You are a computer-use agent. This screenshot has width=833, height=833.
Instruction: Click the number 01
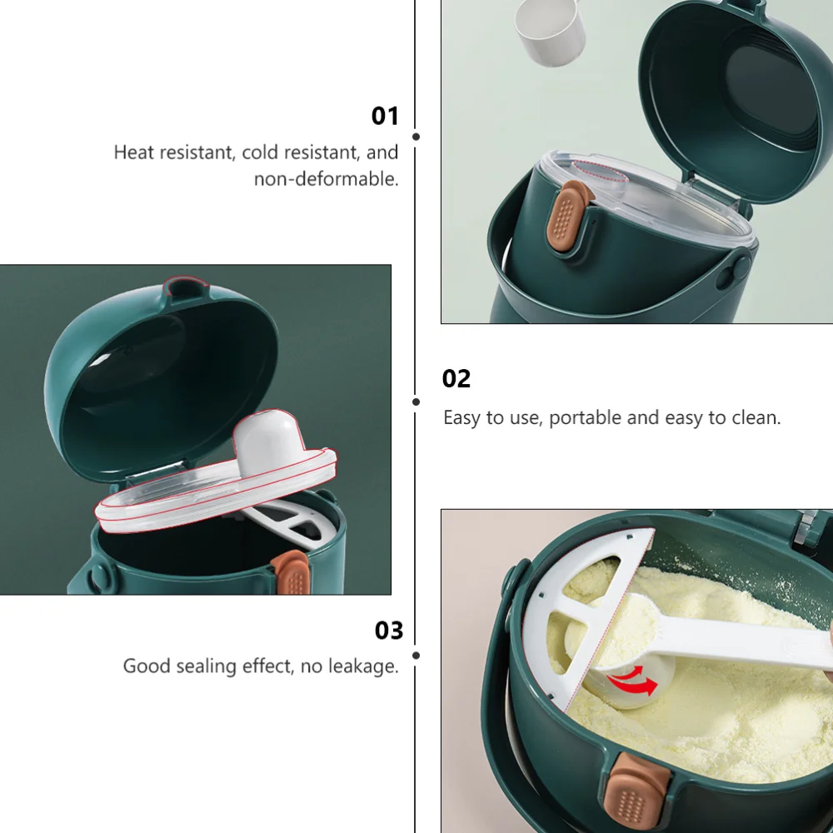(385, 116)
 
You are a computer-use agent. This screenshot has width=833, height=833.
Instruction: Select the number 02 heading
(456, 379)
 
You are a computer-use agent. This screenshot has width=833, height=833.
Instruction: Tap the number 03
(388, 631)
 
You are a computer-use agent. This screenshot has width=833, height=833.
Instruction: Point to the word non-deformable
(326, 178)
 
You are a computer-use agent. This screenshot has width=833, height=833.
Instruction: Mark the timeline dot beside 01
(416, 136)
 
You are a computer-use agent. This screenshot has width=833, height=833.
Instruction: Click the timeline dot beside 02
(416, 401)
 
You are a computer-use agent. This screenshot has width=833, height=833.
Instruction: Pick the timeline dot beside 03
(416, 656)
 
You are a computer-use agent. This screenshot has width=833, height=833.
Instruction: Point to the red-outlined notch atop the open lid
(184, 287)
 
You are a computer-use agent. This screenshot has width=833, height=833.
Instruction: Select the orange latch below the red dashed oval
(569, 220)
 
